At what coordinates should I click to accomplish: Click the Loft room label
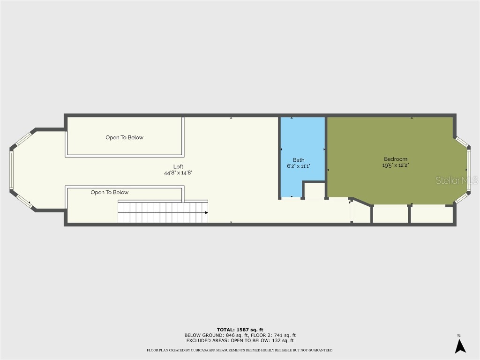click(178, 167)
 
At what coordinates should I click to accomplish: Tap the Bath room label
click(299, 160)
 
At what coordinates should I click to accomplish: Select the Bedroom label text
click(396, 159)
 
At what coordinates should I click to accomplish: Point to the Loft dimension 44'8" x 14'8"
click(178, 173)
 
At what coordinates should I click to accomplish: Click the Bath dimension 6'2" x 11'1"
click(299, 166)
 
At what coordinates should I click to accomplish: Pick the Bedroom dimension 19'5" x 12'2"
click(396, 165)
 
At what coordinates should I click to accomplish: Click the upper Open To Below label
click(124, 138)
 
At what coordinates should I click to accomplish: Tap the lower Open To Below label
click(110, 193)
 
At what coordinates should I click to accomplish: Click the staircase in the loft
click(162, 212)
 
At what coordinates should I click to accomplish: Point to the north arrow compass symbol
click(460, 346)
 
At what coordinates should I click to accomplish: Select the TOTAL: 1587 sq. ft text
click(240, 330)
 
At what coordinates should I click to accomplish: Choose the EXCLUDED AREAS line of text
click(240, 341)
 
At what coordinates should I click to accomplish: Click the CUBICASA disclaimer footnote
click(240, 350)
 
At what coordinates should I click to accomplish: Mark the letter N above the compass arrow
click(459, 336)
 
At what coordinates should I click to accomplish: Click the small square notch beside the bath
click(314, 190)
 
